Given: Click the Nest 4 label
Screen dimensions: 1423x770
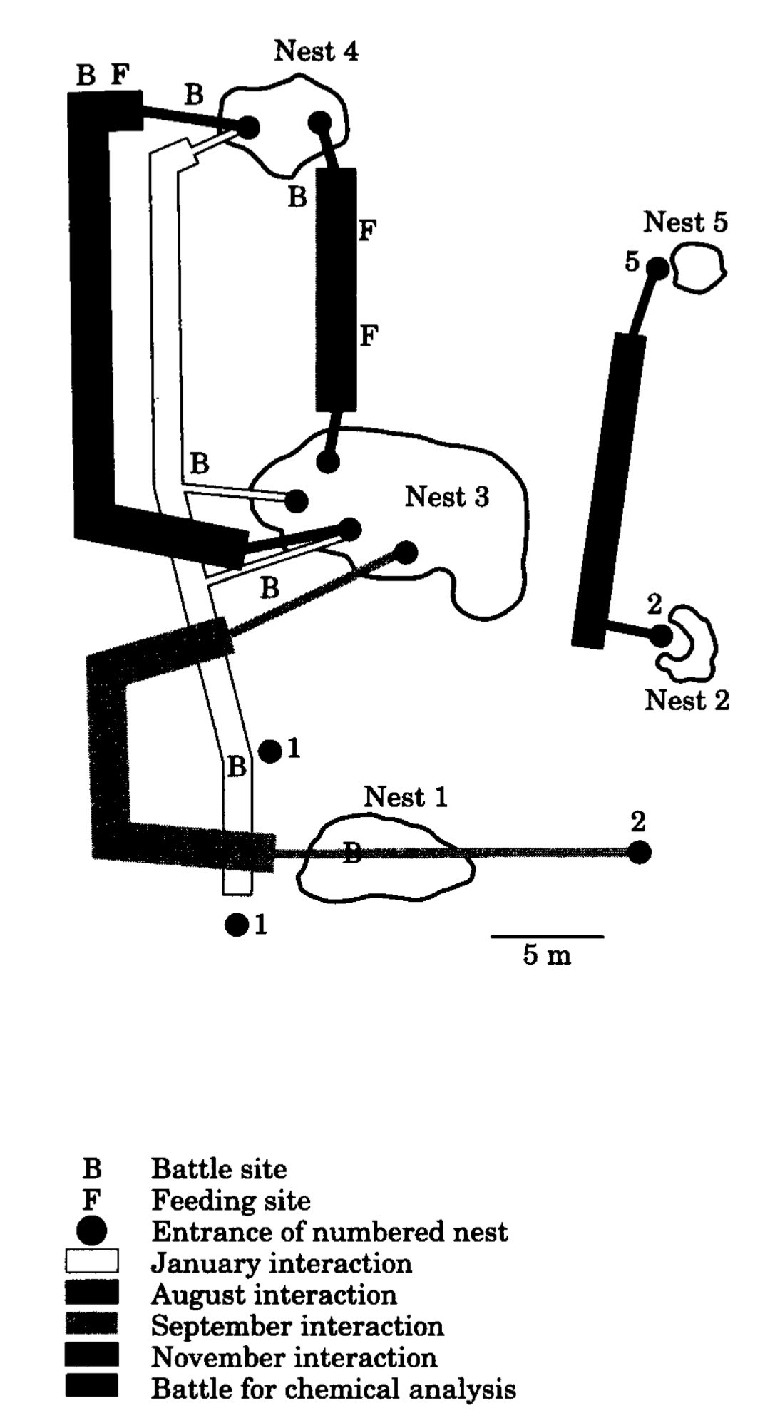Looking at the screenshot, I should coord(316,51).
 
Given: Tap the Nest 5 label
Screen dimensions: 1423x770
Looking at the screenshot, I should coord(685,222).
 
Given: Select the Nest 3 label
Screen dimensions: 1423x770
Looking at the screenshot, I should coord(447,497).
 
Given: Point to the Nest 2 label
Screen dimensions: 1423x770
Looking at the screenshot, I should coord(687,700).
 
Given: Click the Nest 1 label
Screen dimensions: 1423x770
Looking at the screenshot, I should coord(406,797).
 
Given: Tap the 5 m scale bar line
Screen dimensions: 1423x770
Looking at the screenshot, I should coord(547,935).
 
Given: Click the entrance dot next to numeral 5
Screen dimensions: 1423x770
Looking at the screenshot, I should coord(657,269).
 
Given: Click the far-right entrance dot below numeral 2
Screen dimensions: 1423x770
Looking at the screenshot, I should coord(640,852).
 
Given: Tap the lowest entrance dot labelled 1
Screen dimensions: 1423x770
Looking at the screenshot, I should coord(236,925).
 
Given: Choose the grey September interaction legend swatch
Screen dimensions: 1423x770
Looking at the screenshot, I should coord(92,1325).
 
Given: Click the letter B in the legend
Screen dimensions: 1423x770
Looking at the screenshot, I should coord(92,1169).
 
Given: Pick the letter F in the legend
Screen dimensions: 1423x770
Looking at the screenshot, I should coord(91,1201).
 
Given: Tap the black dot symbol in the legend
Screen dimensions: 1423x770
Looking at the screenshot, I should coord(92,1231).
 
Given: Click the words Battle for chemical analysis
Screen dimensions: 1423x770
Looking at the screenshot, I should coord(333,1389).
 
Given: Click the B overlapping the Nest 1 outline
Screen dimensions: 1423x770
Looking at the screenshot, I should coord(351,852).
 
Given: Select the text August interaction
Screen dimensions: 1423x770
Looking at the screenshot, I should coord(274,1295).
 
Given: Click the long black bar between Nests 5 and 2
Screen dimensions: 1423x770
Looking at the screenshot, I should coord(608,490).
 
